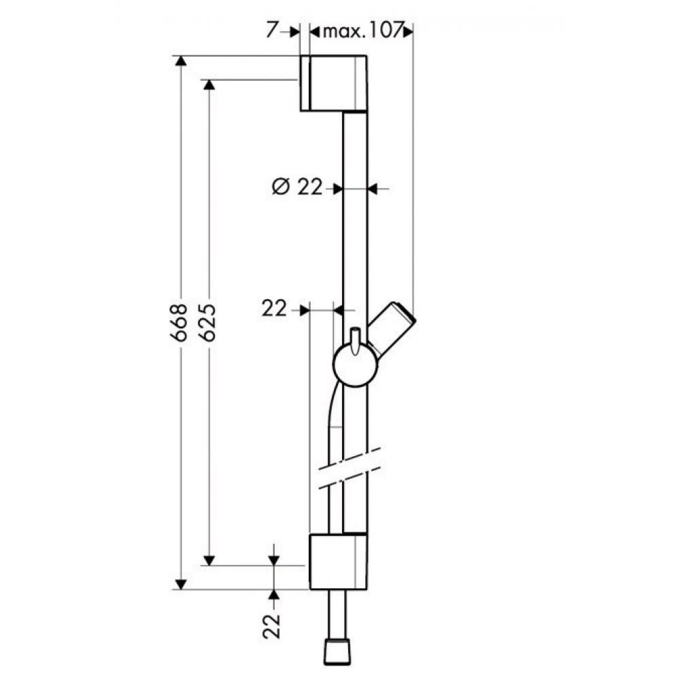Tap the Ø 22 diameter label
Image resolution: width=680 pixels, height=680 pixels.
[297, 188]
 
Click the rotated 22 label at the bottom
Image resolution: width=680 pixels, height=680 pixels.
[273, 626]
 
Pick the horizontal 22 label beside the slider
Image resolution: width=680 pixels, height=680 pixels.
[274, 309]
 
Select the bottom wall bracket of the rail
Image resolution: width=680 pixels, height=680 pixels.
[338, 561]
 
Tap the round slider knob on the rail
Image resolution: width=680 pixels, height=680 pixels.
[354, 366]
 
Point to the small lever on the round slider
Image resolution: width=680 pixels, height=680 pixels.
[354, 341]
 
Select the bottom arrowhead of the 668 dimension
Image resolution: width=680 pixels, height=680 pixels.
[180, 583]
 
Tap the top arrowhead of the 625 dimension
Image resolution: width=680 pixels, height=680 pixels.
[209, 85]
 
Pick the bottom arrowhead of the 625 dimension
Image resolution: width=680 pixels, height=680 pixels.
[209, 560]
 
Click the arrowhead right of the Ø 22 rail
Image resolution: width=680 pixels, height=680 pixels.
[375, 188]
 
